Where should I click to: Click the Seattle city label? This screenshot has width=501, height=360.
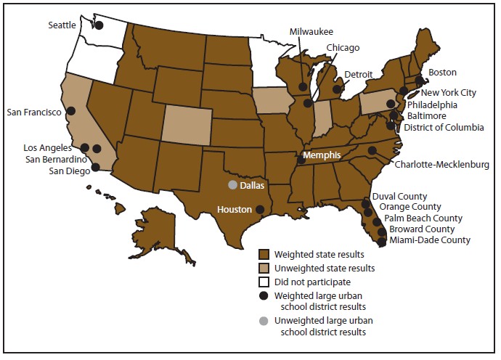pos(62,25)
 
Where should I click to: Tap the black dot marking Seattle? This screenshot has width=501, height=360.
pos(99,25)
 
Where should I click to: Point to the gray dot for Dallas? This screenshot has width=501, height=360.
pos(233,185)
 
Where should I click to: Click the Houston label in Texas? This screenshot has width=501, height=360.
pos(235,210)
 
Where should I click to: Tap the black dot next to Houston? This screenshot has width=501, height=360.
pos(260,210)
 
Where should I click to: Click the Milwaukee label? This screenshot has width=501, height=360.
pos(311,32)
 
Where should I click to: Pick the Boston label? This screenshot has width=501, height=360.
pos(443,73)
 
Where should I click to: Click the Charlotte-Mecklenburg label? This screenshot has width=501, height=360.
pos(441,165)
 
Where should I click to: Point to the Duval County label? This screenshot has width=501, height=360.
pos(399,197)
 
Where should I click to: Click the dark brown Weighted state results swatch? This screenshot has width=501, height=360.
pos(264,254)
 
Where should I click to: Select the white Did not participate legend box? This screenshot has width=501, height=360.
pos(264,282)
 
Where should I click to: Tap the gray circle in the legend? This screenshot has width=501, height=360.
pos(264,322)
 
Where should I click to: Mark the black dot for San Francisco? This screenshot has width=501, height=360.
pos(71,111)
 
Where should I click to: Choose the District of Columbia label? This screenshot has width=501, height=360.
pos(444,128)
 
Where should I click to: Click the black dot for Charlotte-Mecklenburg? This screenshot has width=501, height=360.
pos(372,151)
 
